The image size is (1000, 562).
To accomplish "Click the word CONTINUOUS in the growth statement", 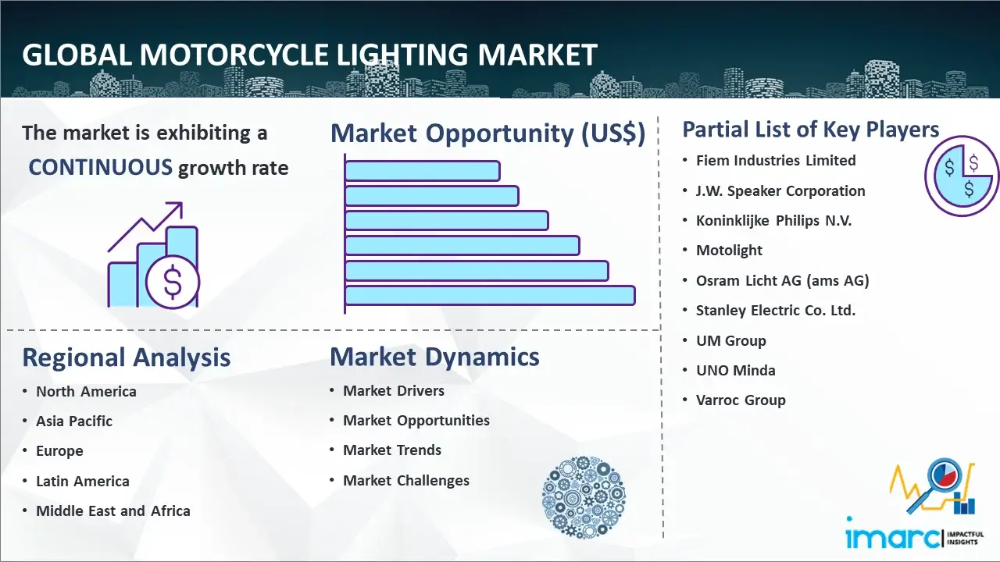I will click(x=100, y=167).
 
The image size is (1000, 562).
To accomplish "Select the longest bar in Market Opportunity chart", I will click(x=490, y=295).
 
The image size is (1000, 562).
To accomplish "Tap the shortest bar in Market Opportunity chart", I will click(x=422, y=170).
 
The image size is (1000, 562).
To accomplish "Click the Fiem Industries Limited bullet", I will click(x=776, y=160).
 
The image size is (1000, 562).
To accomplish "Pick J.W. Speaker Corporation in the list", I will click(x=780, y=190).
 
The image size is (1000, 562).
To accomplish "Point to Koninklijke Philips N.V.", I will click(x=773, y=220).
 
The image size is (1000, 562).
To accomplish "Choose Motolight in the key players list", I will click(x=729, y=250).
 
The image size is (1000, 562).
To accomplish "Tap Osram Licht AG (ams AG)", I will click(x=782, y=280).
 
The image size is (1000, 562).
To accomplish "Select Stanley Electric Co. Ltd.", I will click(x=776, y=310).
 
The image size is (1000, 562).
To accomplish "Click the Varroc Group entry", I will click(x=741, y=400).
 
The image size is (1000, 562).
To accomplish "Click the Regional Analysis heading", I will click(x=126, y=357).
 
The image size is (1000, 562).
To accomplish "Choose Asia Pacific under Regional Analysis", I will click(x=74, y=421).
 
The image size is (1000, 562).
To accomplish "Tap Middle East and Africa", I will click(x=112, y=511).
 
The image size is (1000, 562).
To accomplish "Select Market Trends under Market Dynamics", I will click(x=392, y=450).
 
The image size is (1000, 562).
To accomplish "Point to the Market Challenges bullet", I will click(x=406, y=480).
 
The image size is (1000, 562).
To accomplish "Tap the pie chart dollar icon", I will click(x=962, y=176).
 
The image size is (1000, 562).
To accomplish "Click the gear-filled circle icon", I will click(x=584, y=497).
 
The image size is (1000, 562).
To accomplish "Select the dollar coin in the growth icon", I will click(x=173, y=283).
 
